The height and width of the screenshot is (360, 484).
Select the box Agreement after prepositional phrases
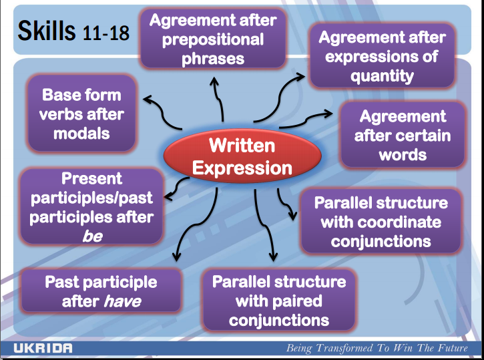(x=212, y=39)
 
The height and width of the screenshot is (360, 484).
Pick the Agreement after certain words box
(x=402, y=135)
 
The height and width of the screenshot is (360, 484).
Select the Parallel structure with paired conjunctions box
(x=278, y=300)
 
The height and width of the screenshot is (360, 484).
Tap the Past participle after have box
(x=101, y=291)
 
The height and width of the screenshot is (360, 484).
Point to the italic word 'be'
(x=91, y=235)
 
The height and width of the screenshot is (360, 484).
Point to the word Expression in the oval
(x=242, y=167)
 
